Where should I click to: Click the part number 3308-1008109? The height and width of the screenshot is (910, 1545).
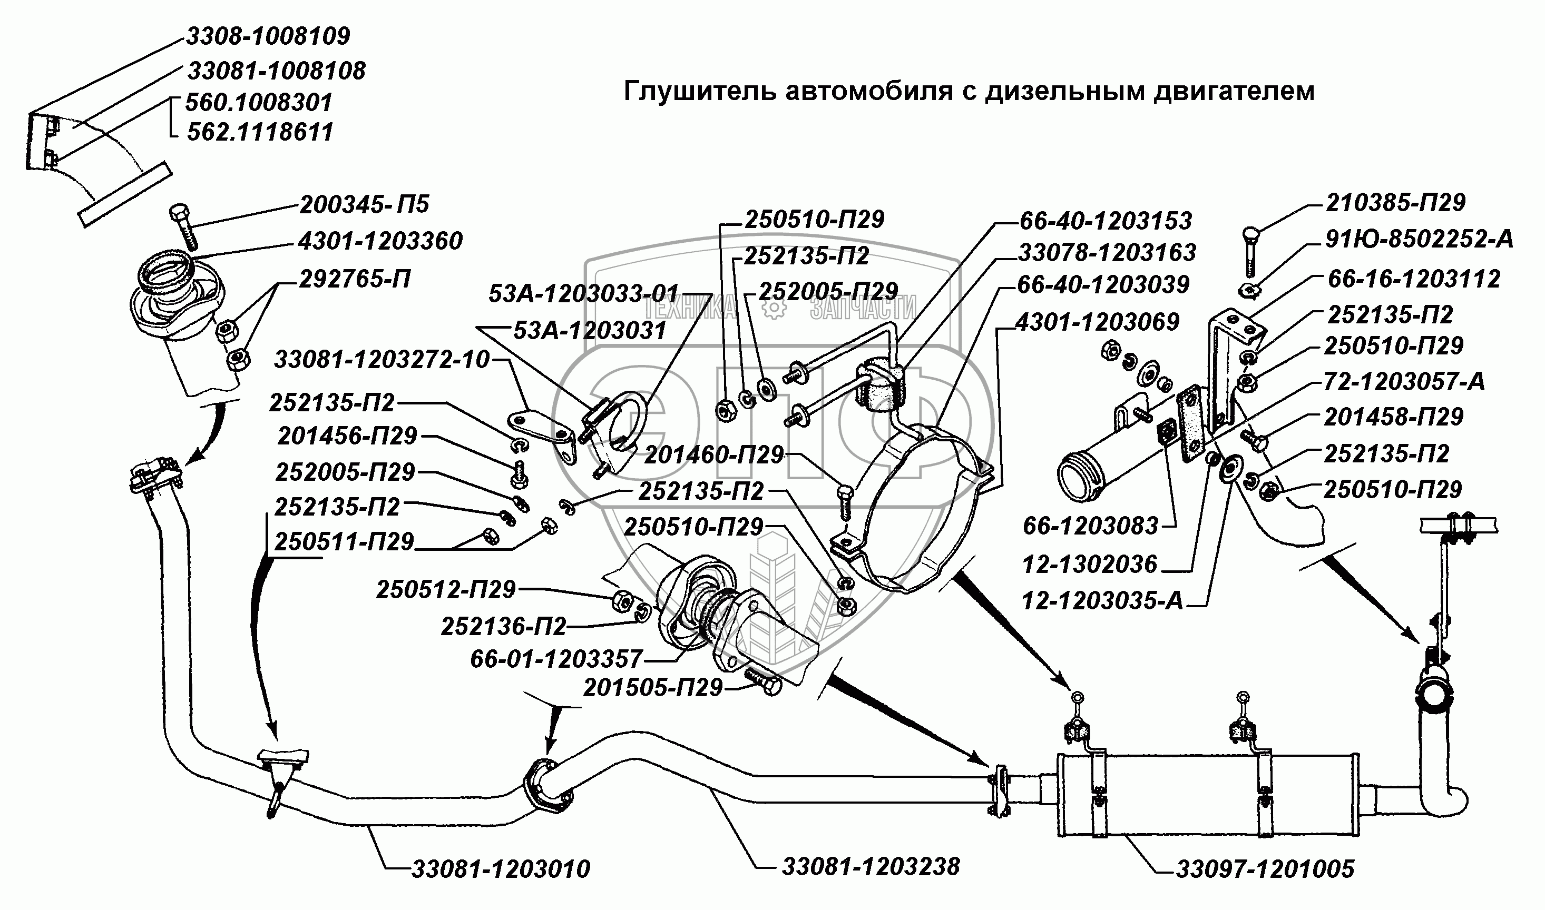[x=268, y=36]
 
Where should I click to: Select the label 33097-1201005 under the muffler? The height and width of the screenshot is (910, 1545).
[x=1265, y=869]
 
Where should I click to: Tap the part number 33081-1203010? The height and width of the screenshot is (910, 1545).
[x=501, y=869]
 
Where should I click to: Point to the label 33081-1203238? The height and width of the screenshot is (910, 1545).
[x=871, y=866]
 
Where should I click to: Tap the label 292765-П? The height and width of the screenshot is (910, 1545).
[x=355, y=280]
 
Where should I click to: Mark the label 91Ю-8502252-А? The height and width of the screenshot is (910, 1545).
[x=1419, y=239]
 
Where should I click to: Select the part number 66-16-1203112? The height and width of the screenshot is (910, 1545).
[x=1414, y=280]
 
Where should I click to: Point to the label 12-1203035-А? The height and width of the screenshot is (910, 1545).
[x=1102, y=601]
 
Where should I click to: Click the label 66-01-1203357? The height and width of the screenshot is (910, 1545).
[x=556, y=659]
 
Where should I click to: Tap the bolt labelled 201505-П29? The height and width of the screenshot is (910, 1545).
[x=764, y=683]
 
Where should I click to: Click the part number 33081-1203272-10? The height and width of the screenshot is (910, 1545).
[x=382, y=359]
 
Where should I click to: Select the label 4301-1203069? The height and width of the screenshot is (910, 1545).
[x=1098, y=322]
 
